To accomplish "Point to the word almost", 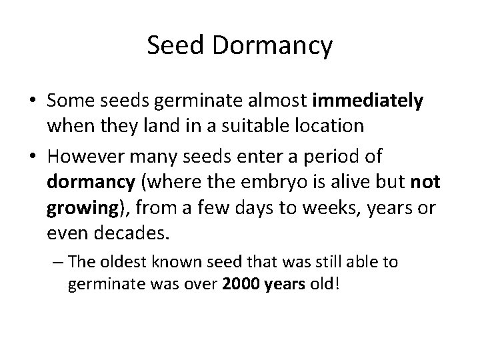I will pos(274,101).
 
